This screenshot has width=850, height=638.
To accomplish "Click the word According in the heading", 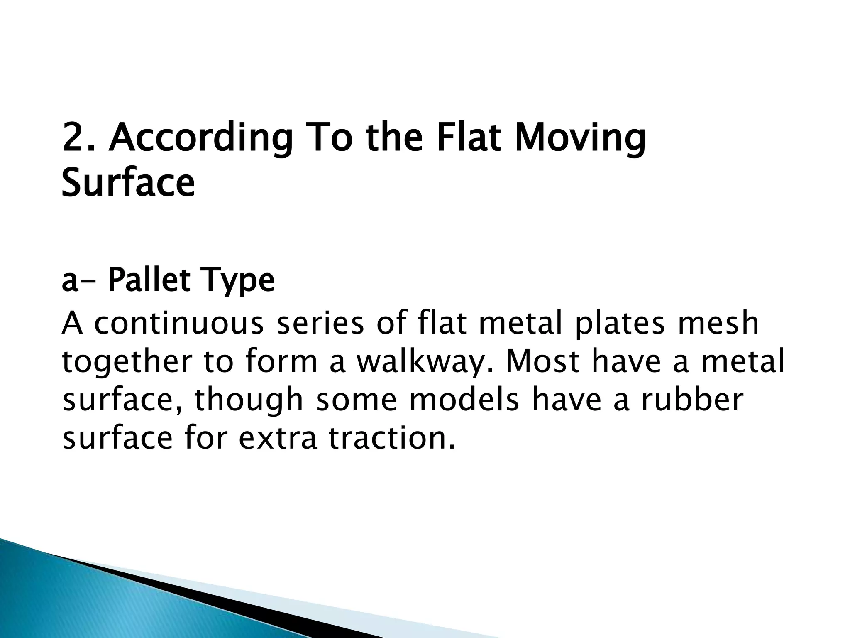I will pos(201,139).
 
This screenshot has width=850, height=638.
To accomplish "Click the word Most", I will pos(542,362).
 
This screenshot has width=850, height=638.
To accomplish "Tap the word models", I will pos(464,400).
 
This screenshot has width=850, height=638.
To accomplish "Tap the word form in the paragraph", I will pos(281,362).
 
